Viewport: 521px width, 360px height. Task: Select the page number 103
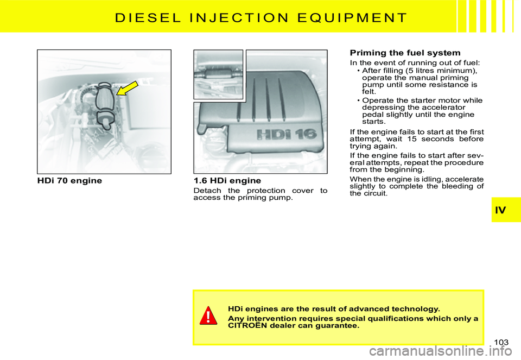(502, 342)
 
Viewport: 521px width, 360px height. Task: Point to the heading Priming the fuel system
(405, 53)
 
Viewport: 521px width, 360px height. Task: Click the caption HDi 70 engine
(69, 180)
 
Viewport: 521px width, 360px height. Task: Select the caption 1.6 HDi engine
(227, 180)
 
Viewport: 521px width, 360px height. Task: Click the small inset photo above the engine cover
(218, 74)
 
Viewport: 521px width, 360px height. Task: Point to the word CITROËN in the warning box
(250, 326)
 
